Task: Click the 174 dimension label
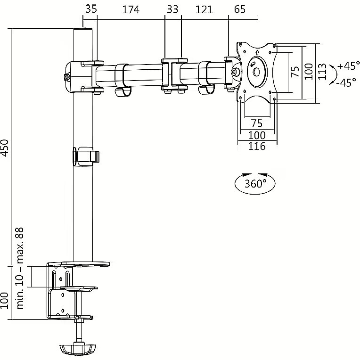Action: click(x=131, y=9)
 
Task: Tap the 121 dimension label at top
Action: click(x=204, y=9)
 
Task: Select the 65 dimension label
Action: click(x=240, y=9)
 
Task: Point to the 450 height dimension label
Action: click(x=5, y=148)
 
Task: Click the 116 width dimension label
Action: click(x=257, y=146)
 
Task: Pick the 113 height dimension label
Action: click(x=322, y=72)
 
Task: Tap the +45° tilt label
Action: click(x=349, y=66)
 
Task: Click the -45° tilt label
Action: click(x=346, y=82)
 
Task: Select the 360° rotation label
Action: click(x=255, y=184)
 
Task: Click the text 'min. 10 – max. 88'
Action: click(x=20, y=268)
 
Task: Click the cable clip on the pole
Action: click(x=86, y=156)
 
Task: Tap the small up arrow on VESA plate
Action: click(x=257, y=52)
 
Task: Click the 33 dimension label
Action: click(x=172, y=9)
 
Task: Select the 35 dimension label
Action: click(x=91, y=9)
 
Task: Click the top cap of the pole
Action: click(x=83, y=29)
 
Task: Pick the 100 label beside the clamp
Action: click(x=5, y=301)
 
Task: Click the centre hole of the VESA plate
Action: click(x=256, y=72)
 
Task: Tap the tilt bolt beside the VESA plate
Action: click(x=234, y=72)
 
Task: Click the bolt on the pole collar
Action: click(x=66, y=77)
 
